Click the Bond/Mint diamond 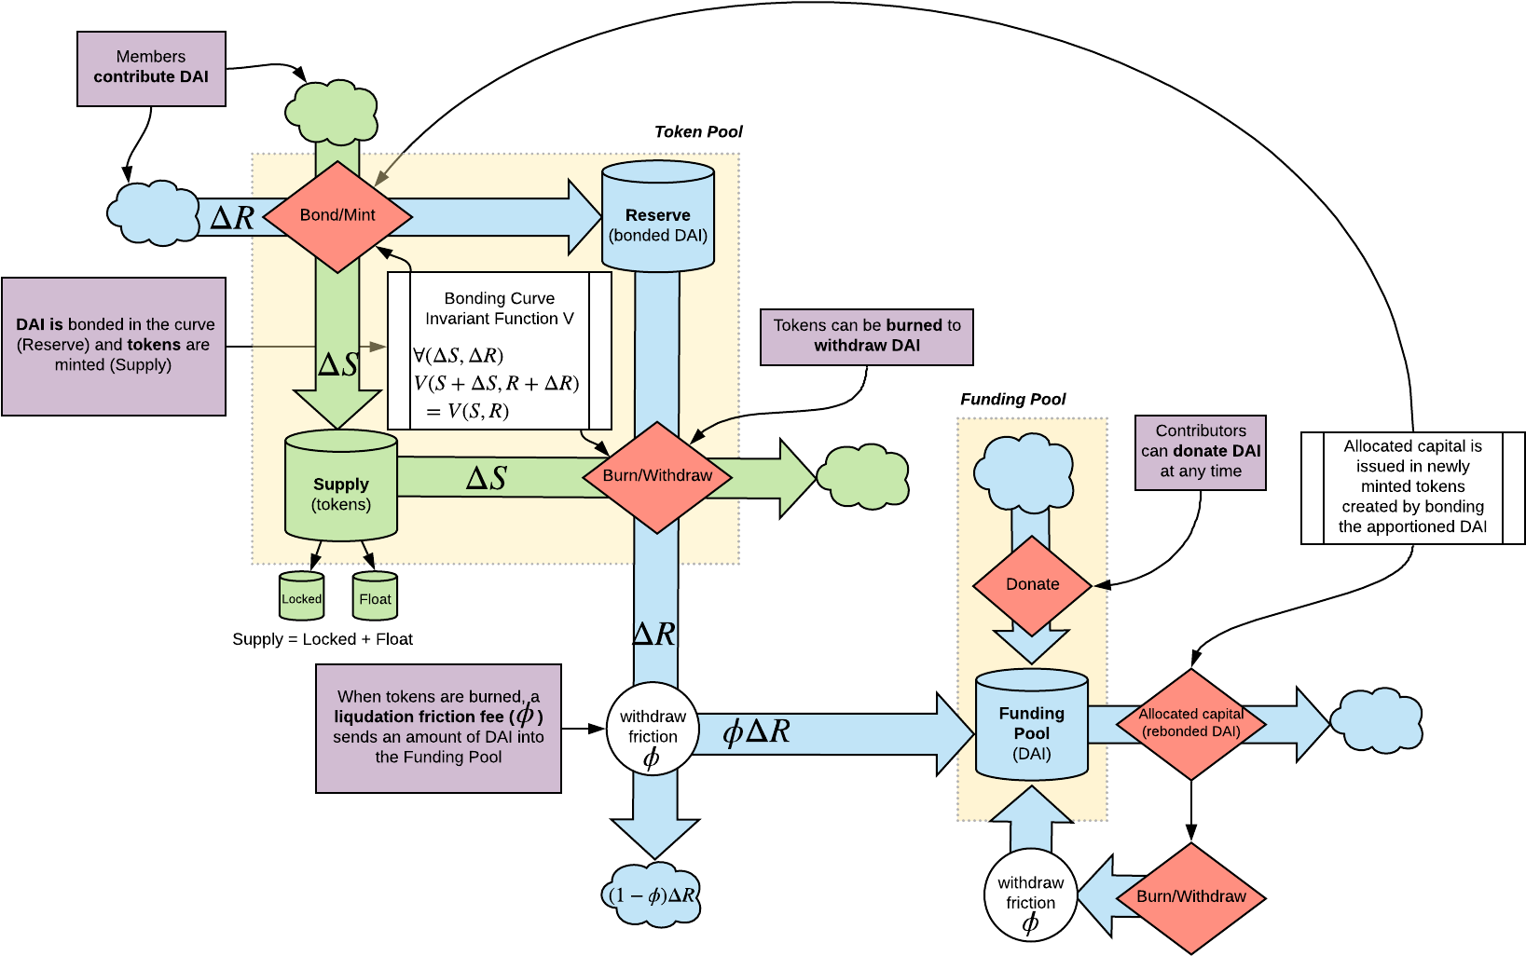(x=337, y=216)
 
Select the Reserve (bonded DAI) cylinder (x=658, y=218)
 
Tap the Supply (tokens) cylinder (x=341, y=486)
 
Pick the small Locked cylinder (x=301, y=597)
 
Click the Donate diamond (x=1032, y=585)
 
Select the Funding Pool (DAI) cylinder (x=1031, y=728)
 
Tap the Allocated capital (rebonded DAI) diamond (x=1191, y=724)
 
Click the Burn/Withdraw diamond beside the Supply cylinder (x=657, y=476)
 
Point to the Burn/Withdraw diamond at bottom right (x=1190, y=897)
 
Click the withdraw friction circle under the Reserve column (x=653, y=730)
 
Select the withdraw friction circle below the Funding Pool (x=1030, y=895)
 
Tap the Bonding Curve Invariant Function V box (x=500, y=350)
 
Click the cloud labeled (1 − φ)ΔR (x=653, y=895)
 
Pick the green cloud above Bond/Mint (x=332, y=112)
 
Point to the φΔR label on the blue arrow (x=756, y=731)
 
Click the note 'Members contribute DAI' (x=151, y=68)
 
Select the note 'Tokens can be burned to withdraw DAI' (x=866, y=336)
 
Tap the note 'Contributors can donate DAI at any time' (x=1201, y=452)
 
